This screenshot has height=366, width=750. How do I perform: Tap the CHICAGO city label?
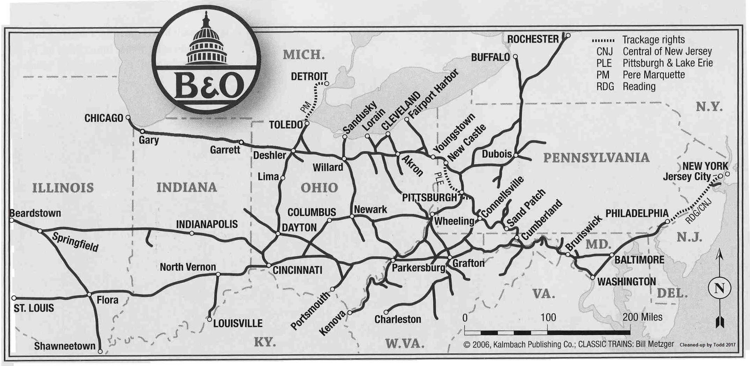coord(104,118)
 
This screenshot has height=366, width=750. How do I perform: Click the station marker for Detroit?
coord(326,83)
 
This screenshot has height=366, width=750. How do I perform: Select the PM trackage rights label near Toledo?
coord(305,106)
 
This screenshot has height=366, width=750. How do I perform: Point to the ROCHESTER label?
coord(533,39)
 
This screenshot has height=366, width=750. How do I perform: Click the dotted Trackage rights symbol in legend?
coord(603,40)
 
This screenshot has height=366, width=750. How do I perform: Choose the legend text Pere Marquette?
coord(654,75)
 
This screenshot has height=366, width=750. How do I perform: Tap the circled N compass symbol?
coord(719,289)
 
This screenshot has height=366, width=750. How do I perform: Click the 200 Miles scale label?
coord(642,317)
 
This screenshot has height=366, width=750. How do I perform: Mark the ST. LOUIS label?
coord(34,308)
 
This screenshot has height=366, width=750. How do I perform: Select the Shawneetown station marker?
coord(100,351)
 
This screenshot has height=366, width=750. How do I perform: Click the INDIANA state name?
coord(186,187)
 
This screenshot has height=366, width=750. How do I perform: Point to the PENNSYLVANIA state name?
coord(596,158)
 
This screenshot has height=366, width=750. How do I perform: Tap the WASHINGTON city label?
coord(626,282)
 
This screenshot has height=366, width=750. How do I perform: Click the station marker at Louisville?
coord(209,319)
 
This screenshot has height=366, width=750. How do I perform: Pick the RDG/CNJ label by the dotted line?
coord(698,211)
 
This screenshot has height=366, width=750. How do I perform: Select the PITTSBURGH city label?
coord(429,198)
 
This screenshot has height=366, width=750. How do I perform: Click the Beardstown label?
coord(35,213)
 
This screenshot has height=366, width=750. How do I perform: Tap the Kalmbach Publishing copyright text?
coord(568,344)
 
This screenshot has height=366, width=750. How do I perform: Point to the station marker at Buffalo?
coord(515,57)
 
